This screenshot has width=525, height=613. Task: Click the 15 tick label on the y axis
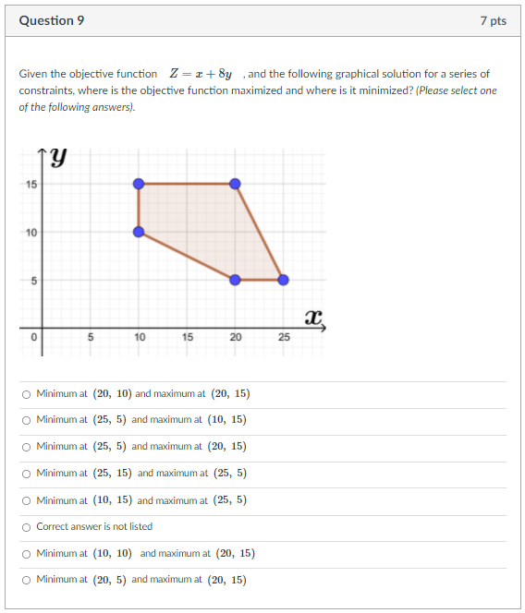tap(31, 185)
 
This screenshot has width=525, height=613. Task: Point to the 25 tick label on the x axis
tap(283, 338)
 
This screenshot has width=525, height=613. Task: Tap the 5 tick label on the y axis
tap(31, 281)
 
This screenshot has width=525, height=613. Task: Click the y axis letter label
tap(58, 158)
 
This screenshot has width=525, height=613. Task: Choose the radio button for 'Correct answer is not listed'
tap(26, 527)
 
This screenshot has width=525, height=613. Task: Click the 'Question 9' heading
tap(52, 20)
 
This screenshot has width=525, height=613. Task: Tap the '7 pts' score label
tap(493, 20)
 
